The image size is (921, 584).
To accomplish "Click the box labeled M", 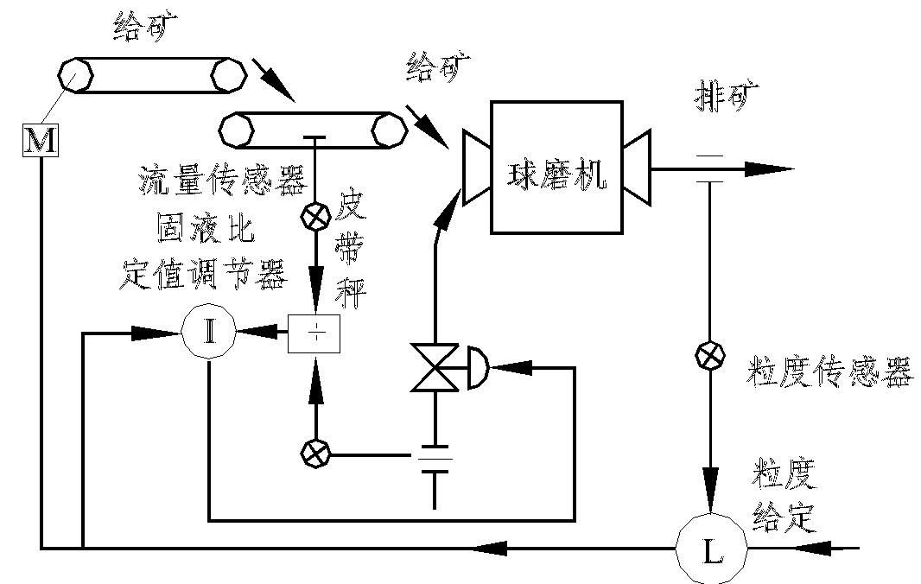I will (40, 141).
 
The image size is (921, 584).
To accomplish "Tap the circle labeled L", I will (713, 549).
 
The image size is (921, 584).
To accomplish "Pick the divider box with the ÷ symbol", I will (314, 334).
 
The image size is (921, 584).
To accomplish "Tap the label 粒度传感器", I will (829, 373).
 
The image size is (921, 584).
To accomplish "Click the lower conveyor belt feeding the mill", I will (313, 130).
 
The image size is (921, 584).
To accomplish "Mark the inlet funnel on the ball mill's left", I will (475, 167).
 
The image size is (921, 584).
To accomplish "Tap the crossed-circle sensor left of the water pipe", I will (314, 452).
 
